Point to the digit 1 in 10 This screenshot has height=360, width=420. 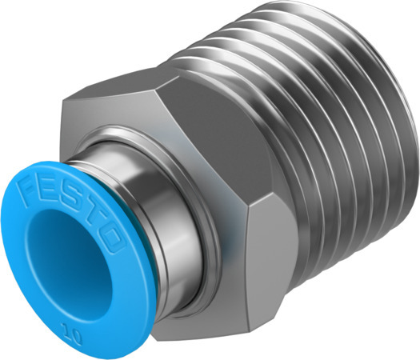coord(78,328)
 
